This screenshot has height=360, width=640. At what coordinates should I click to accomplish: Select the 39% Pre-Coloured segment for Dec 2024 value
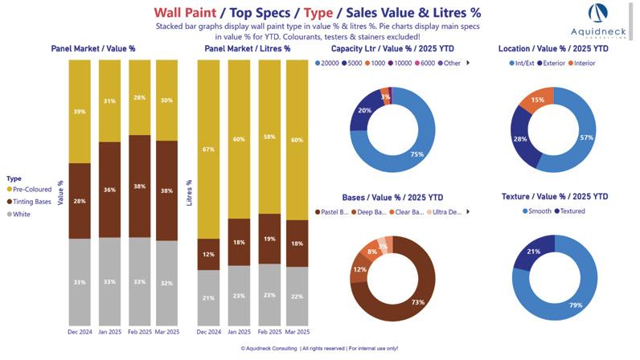pyautogui.click(x=80, y=111)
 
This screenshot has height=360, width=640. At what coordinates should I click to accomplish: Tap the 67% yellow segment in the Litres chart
pyautogui.click(x=208, y=149)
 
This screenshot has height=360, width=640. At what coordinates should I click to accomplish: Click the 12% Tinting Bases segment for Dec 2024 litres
pyautogui.click(x=208, y=254)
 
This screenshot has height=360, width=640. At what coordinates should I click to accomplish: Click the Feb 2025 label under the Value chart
pyautogui.click(x=139, y=331)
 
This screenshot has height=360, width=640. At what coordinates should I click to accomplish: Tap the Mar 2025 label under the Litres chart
pyautogui.click(x=297, y=331)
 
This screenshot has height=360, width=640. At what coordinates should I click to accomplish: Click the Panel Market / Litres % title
pyautogui.click(x=247, y=48)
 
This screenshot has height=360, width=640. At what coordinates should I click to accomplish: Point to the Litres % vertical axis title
pyautogui.click(x=190, y=192)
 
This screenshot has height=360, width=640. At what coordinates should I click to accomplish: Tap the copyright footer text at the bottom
pyautogui.click(x=319, y=349)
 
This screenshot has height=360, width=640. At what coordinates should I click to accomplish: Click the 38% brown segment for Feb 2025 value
pyautogui.click(x=139, y=186)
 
